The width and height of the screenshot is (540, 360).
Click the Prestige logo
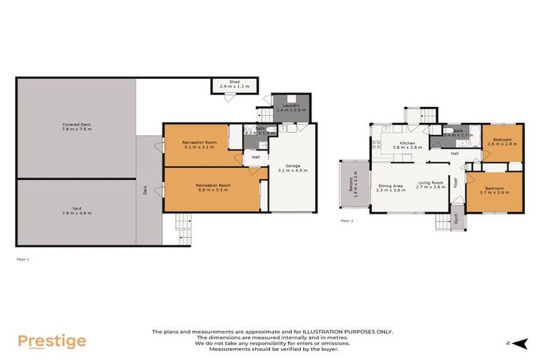click(51, 342)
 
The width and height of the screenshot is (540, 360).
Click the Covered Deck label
click(76, 127)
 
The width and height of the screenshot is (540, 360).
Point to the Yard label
click(77, 211)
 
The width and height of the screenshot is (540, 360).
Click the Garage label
click(292, 168)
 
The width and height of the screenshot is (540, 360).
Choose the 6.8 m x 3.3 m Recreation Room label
click(213, 186)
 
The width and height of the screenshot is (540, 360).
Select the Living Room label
click(432, 186)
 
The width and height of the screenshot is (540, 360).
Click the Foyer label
click(456, 184)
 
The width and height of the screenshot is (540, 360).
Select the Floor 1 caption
click(23, 259)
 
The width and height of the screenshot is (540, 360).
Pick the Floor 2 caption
click(347, 221)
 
